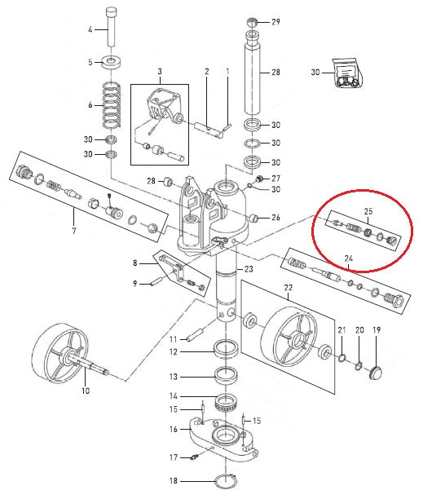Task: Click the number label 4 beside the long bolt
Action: tap(90, 30)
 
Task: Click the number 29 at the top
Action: tap(275, 21)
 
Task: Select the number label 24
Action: tap(347, 258)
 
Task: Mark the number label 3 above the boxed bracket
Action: tap(160, 72)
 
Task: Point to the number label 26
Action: tap(275, 217)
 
